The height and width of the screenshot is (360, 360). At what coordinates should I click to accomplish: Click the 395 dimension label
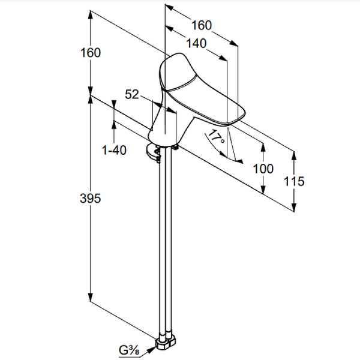(x=90, y=198)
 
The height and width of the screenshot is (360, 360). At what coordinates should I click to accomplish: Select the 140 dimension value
(x=196, y=43)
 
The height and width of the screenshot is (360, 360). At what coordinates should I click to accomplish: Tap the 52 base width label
(x=132, y=94)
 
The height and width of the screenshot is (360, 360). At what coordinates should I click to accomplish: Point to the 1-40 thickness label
(x=114, y=151)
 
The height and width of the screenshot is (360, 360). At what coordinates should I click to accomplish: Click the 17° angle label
(x=216, y=136)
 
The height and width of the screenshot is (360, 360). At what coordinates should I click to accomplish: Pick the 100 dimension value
(x=263, y=169)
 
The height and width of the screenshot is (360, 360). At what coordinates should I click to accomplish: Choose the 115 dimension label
(x=294, y=181)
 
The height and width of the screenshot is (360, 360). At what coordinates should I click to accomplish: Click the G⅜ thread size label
(x=129, y=350)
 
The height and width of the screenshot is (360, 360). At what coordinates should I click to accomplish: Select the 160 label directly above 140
(x=202, y=25)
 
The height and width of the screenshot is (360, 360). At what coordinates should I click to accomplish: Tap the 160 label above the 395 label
(x=91, y=53)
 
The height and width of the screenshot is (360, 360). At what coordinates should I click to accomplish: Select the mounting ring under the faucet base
(x=153, y=152)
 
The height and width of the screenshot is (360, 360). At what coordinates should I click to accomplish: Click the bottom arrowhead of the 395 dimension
(x=91, y=297)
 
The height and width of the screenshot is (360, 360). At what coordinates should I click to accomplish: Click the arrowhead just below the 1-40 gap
(x=113, y=125)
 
